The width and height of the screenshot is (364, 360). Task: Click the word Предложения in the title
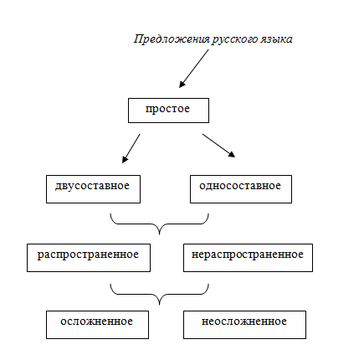167,39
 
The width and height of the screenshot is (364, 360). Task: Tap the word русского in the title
226,39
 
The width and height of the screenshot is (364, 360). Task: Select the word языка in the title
273,39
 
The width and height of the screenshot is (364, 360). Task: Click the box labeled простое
168,111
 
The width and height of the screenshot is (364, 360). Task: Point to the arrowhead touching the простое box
182,84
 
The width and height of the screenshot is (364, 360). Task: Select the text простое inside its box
168,109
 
